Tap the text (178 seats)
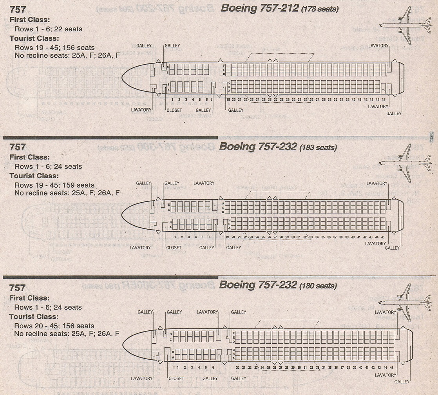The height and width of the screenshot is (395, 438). tap(319, 9)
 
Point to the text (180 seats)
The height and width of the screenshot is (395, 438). tap(317, 286)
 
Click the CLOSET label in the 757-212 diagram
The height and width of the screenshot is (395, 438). tap(174, 111)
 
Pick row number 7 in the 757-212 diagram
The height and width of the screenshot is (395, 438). tap(212, 100)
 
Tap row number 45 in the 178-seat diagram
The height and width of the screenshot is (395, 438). tap(383, 100)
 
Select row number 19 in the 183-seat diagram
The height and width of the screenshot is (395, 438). tap(227, 237)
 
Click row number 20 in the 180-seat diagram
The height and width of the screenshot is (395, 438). tap(237, 368)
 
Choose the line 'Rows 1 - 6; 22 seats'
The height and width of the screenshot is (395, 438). tap(48, 29)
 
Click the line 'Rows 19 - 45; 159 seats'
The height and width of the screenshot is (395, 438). tap(54, 185)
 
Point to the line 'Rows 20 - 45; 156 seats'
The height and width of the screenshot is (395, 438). tap(54, 326)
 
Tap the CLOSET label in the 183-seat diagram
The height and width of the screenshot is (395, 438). tap(174, 248)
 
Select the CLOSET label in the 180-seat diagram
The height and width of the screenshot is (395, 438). tap(176, 379)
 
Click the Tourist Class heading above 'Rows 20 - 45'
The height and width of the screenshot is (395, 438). tap(34, 316)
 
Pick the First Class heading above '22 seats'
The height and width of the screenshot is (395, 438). tap(29, 20)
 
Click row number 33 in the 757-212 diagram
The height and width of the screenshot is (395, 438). tap(311, 100)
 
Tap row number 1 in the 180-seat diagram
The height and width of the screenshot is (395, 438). tap(178, 368)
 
